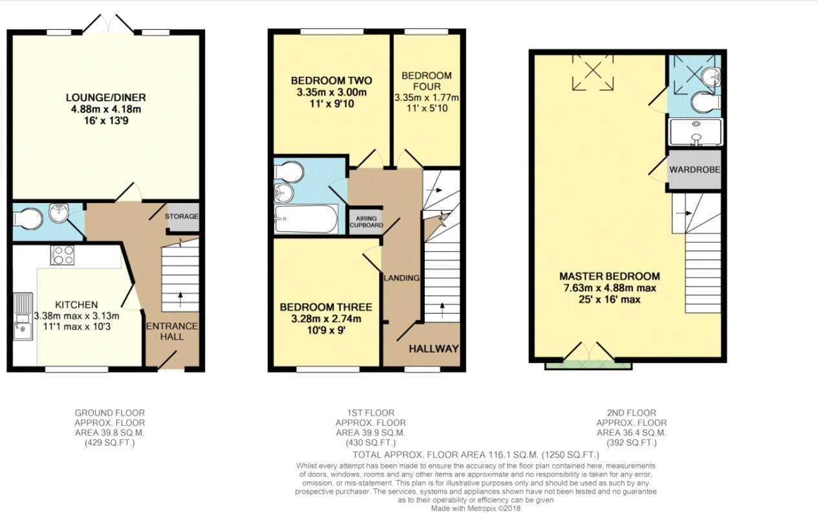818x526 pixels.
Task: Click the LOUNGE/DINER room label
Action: pos(106,98)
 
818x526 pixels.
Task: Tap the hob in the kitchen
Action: pos(63,255)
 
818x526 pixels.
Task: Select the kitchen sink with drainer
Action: pos(23,316)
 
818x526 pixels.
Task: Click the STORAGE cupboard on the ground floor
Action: pos(182,216)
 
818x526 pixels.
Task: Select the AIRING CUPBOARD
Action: pos(365,221)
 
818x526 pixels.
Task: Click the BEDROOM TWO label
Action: pos(331,81)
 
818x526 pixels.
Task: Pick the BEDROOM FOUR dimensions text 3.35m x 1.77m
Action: pos(427,98)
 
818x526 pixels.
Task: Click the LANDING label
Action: pos(402,278)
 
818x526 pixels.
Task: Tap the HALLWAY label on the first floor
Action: pos(433,349)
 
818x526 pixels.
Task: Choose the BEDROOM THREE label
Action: pos(325,307)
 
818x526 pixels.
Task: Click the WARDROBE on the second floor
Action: pos(694,170)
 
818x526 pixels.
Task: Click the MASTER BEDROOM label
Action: pos(609,276)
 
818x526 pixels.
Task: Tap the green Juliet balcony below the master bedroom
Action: pos(588,366)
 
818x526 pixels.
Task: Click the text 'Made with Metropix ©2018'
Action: pos(475,509)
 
